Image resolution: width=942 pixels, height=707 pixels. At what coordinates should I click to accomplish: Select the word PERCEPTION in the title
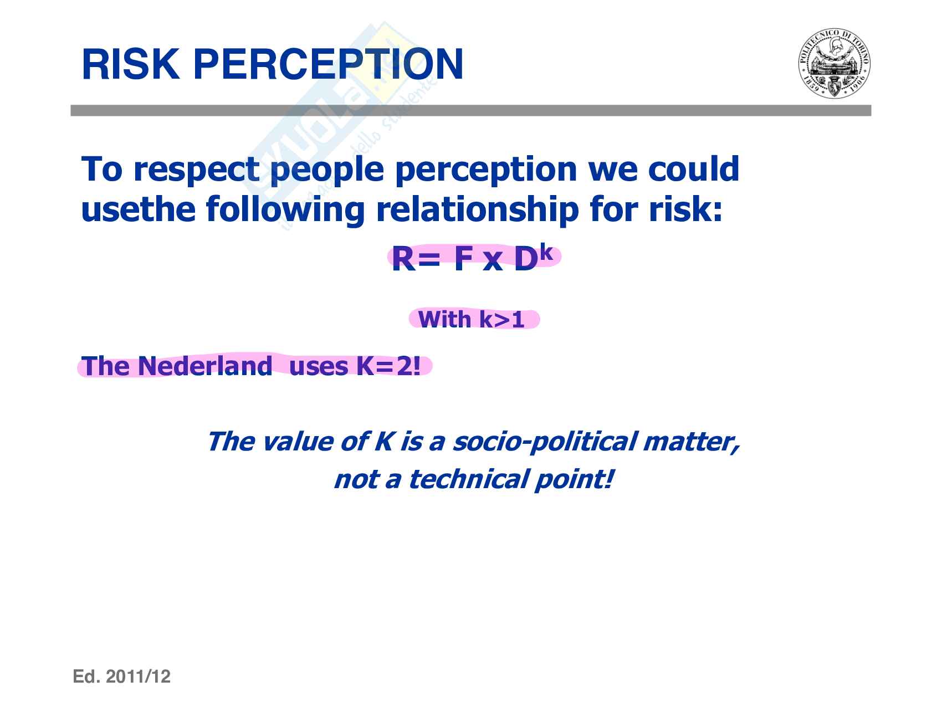point(329,65)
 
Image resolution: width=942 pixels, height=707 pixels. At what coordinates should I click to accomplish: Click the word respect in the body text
point(197,170)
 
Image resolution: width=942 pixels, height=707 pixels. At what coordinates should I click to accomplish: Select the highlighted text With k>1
point(472,320)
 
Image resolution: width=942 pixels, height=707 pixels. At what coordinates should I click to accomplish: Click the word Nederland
point(204,366)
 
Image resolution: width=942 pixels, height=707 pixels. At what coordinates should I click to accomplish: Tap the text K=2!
point(388,366)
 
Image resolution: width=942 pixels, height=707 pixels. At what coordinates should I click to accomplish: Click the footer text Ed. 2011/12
point(122,677)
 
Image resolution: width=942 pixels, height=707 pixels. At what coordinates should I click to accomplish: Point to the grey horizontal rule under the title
point(471,111)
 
